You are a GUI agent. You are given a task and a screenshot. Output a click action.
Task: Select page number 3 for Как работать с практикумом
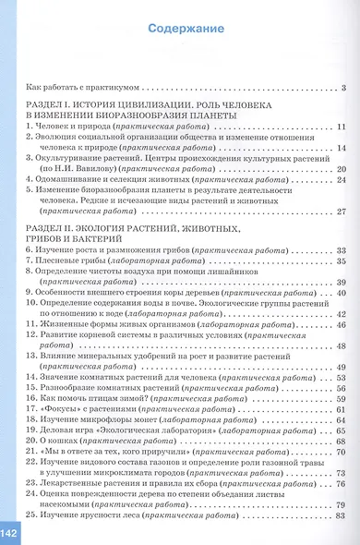pyautogui.click(x=342, y=88)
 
